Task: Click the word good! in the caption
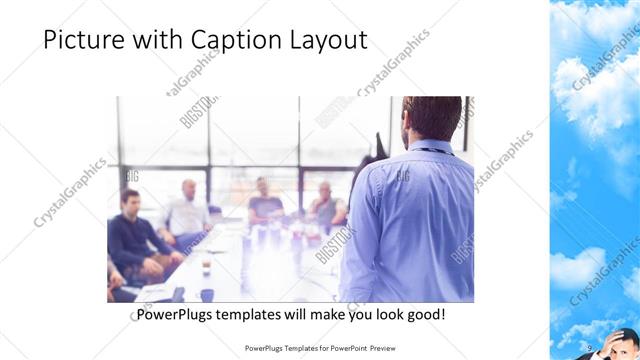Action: [423, 314]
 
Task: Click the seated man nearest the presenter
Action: [325, 204]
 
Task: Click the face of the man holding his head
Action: [614, 346]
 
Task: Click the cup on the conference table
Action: [206, 265]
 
